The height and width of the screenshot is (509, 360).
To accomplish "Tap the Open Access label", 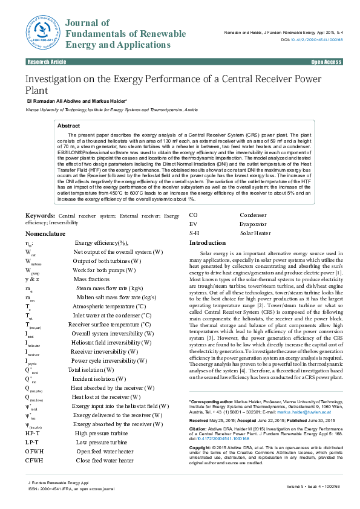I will pos(326,62).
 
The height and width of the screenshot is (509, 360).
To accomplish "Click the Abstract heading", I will pos(68,125).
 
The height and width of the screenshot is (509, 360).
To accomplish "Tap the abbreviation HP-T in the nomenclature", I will pos(33,433).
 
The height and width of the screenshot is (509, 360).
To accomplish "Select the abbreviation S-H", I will pos(194,233).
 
